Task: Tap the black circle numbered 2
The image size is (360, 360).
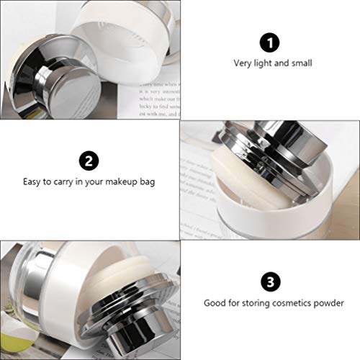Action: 87,159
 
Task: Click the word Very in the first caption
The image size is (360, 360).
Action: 242,63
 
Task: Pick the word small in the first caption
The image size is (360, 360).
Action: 302,63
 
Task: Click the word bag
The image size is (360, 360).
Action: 148,181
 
